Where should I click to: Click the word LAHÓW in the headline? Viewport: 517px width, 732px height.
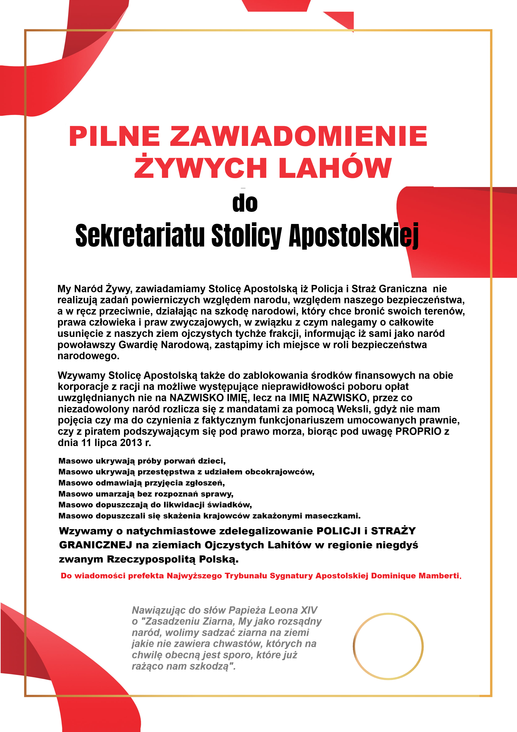point(335,168)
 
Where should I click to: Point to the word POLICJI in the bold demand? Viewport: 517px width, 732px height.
point(338,531)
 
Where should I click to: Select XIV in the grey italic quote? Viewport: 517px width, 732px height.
point(309,610)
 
